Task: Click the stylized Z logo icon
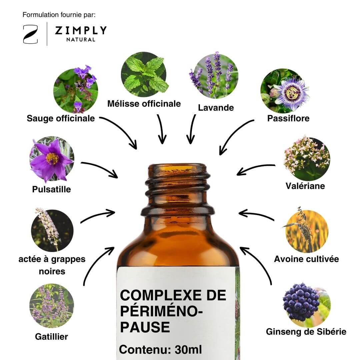click(30, 34)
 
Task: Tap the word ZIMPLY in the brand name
click(81, 30)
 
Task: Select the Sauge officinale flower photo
click(76, 89)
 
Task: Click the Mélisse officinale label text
click(144, 104)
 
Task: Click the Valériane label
click(305, 186)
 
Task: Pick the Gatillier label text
click(51, 337)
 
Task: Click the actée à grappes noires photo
click(52, 230)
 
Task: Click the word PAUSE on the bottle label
click(145, 327)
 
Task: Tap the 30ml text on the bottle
click(188, 350)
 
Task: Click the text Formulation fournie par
click(59, 15)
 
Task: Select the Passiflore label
click(288, 118)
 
